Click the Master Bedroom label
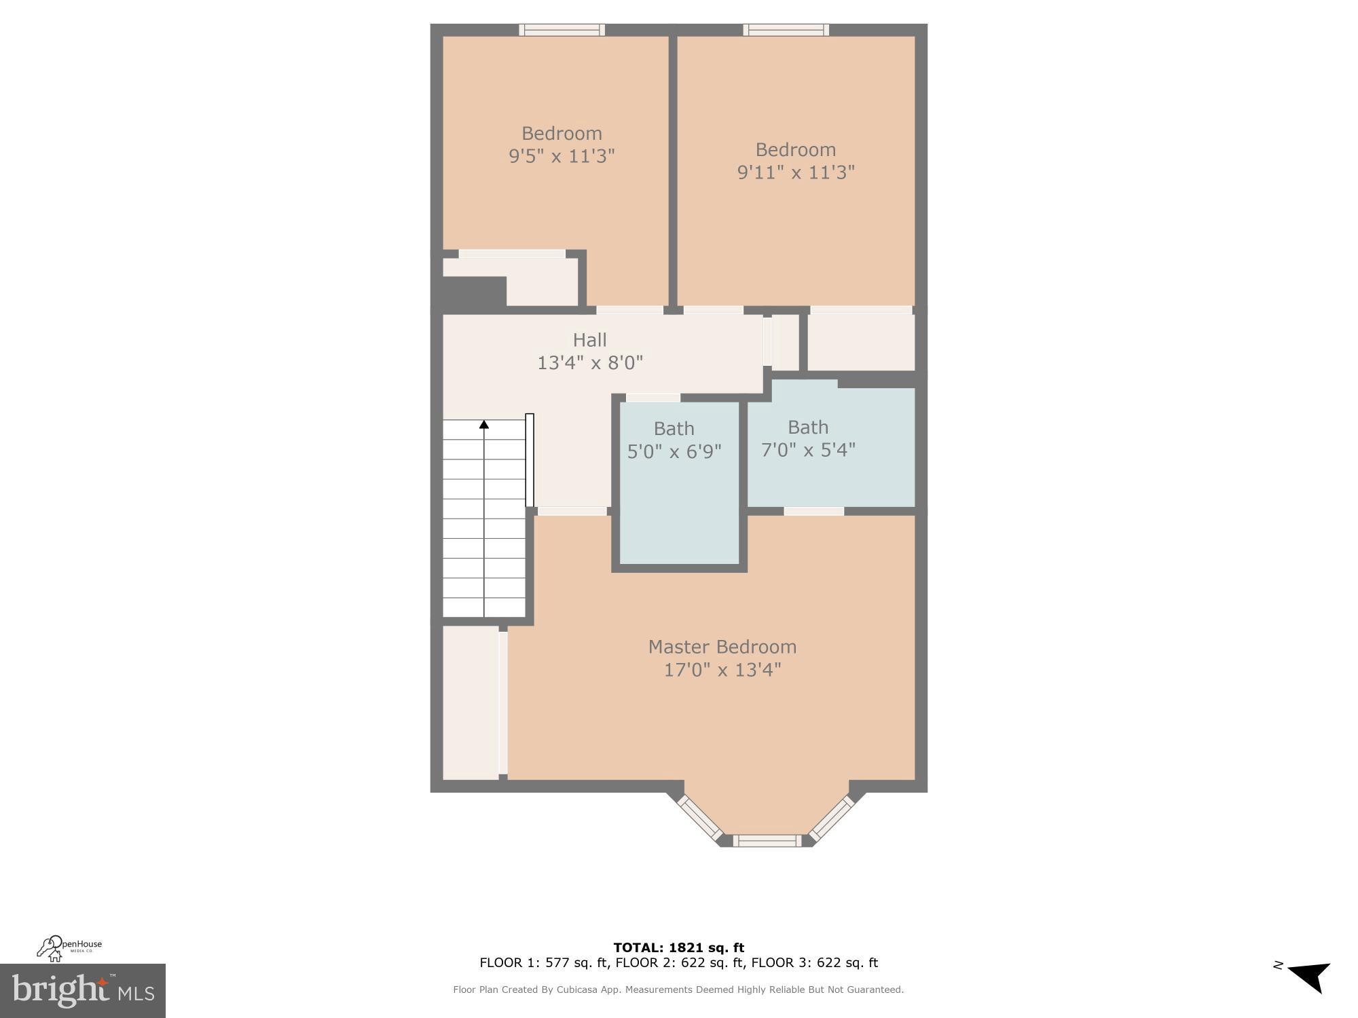pos(722,647)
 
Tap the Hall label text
pos(589,340)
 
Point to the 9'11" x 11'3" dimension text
pos(796,172)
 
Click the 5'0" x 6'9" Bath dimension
pos(674,451)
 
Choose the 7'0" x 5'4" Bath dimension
pos(808,450)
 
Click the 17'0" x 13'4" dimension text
pos(722,671)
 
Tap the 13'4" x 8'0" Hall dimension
pos(589,363)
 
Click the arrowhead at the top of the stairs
pos(484,425)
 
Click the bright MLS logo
pos(82,991)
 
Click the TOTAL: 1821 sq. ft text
pos(678,947)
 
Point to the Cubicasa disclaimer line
pos(678,989)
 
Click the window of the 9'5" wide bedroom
pos(562,30)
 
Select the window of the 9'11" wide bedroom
pos(786,30)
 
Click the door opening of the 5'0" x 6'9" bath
pos(653,398)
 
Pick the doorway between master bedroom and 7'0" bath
pos(813,511)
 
